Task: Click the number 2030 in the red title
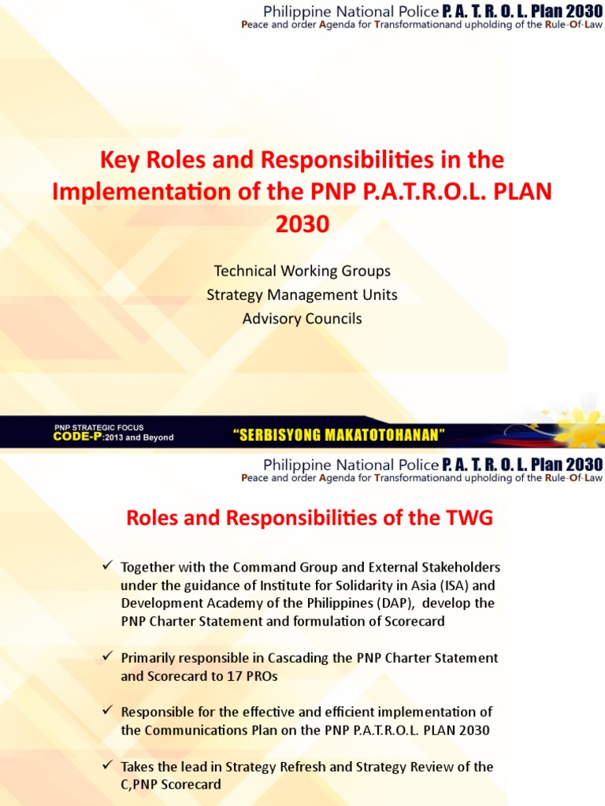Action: [x=302, y=225]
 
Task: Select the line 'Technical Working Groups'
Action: [x=302, y=271]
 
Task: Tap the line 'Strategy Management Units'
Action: [x=302, y=295]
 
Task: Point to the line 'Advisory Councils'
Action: [x=302, y=319]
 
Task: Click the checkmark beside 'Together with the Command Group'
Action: [x=108, y=567]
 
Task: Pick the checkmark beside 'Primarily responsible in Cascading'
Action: [x=108, y=656]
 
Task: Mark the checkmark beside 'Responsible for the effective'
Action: [x=108, y=711]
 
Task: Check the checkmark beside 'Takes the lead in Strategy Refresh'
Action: [x=108, y=766]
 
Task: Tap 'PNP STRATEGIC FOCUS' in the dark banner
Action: [x=98, y=427]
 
